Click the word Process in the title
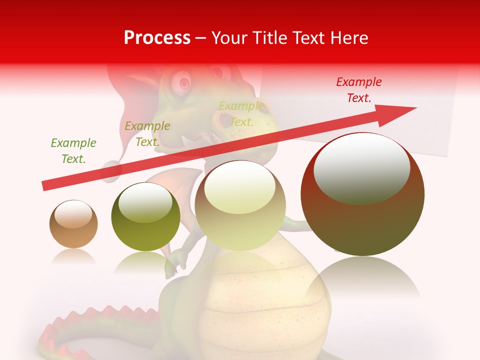point(157,37)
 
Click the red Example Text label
point(359,90)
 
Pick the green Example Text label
point(73,150)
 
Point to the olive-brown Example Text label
point(147,134)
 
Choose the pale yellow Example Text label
point(241,113)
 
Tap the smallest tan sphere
point(73,224)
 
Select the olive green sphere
point(145,216)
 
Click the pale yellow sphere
point(240,205)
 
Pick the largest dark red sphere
point(362,194)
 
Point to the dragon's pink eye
point(184,81)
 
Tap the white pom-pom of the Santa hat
point(111,170)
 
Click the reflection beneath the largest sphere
point(362,280)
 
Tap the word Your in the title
point(229,37)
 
